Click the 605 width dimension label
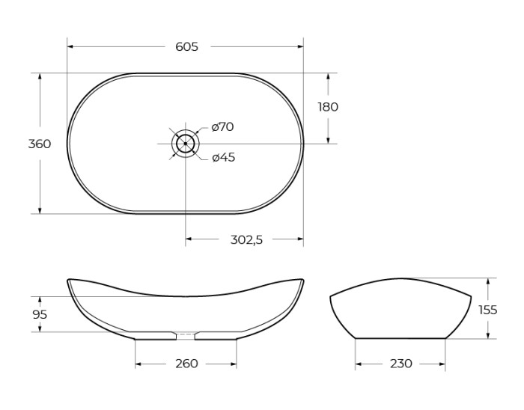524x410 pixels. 186,46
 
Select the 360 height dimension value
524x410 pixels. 40,144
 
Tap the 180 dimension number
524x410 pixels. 328,107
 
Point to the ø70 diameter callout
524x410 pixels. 222,127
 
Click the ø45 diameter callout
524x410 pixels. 223,157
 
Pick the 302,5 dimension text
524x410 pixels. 246,239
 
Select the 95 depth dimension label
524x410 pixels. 40,314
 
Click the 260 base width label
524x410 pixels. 186,364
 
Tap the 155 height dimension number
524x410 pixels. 488,309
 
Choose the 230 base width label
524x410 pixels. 400,364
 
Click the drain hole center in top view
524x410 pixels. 186,143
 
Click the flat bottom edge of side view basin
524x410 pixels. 400,338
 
